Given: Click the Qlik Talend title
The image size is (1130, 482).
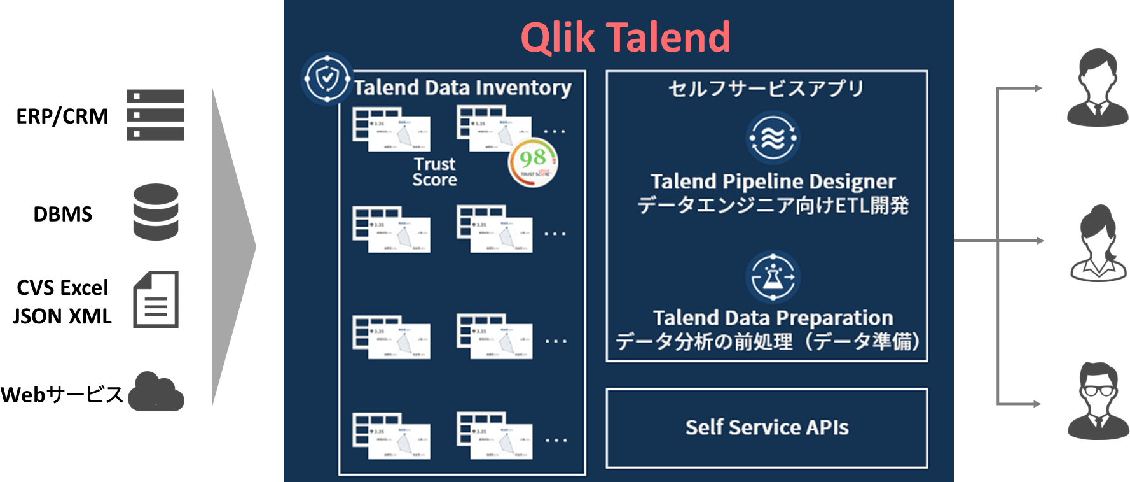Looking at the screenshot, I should coord(625,37).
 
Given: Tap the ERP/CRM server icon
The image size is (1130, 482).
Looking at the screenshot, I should coord(155,115).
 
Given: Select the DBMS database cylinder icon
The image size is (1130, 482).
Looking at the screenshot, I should coord(156,212).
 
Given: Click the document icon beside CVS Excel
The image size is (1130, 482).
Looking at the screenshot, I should coord(156,299).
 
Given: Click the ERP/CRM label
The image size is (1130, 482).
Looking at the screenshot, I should coord(62,117).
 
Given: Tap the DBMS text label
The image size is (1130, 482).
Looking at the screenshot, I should coord(62,214).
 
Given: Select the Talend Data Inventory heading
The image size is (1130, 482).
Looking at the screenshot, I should coord(462,87).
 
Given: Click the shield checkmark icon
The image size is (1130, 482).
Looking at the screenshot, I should coord(327,78).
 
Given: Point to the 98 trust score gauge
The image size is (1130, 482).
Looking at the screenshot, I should coord(533,162).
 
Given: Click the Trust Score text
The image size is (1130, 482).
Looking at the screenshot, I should coord(434,172).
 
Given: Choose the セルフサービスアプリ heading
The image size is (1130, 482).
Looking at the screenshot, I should coord(766,89).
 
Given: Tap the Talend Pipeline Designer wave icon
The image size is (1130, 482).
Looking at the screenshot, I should coord(773,138).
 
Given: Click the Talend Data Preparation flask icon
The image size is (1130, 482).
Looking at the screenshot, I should coord(773,278).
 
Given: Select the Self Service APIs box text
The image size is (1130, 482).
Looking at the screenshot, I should coord(767,427).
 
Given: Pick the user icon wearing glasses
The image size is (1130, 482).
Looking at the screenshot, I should coord(1098,401).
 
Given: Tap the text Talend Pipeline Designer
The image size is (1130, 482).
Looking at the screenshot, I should coord(773,182).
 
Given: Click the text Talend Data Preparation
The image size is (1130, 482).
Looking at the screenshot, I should coord(773,318).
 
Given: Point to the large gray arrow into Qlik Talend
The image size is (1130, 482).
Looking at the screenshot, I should coord(233,247).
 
